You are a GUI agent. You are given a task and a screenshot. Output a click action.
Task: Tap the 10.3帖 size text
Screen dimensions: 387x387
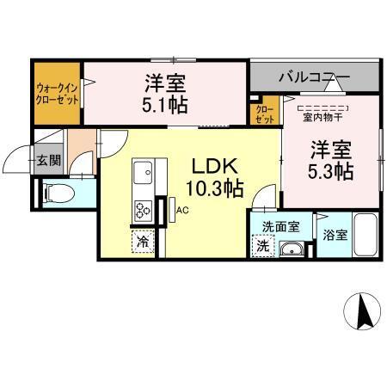[x=215, y=188]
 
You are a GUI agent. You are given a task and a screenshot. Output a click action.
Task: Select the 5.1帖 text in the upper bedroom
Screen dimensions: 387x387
[x=165, y=106]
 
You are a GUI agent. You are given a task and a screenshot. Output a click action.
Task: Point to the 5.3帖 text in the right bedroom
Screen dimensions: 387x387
[x=330, y=170]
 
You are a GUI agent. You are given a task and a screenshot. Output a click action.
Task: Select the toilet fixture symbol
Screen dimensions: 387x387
[x=54, y=193]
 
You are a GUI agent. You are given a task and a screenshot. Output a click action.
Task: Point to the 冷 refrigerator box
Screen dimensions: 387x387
[x=142, y=243]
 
